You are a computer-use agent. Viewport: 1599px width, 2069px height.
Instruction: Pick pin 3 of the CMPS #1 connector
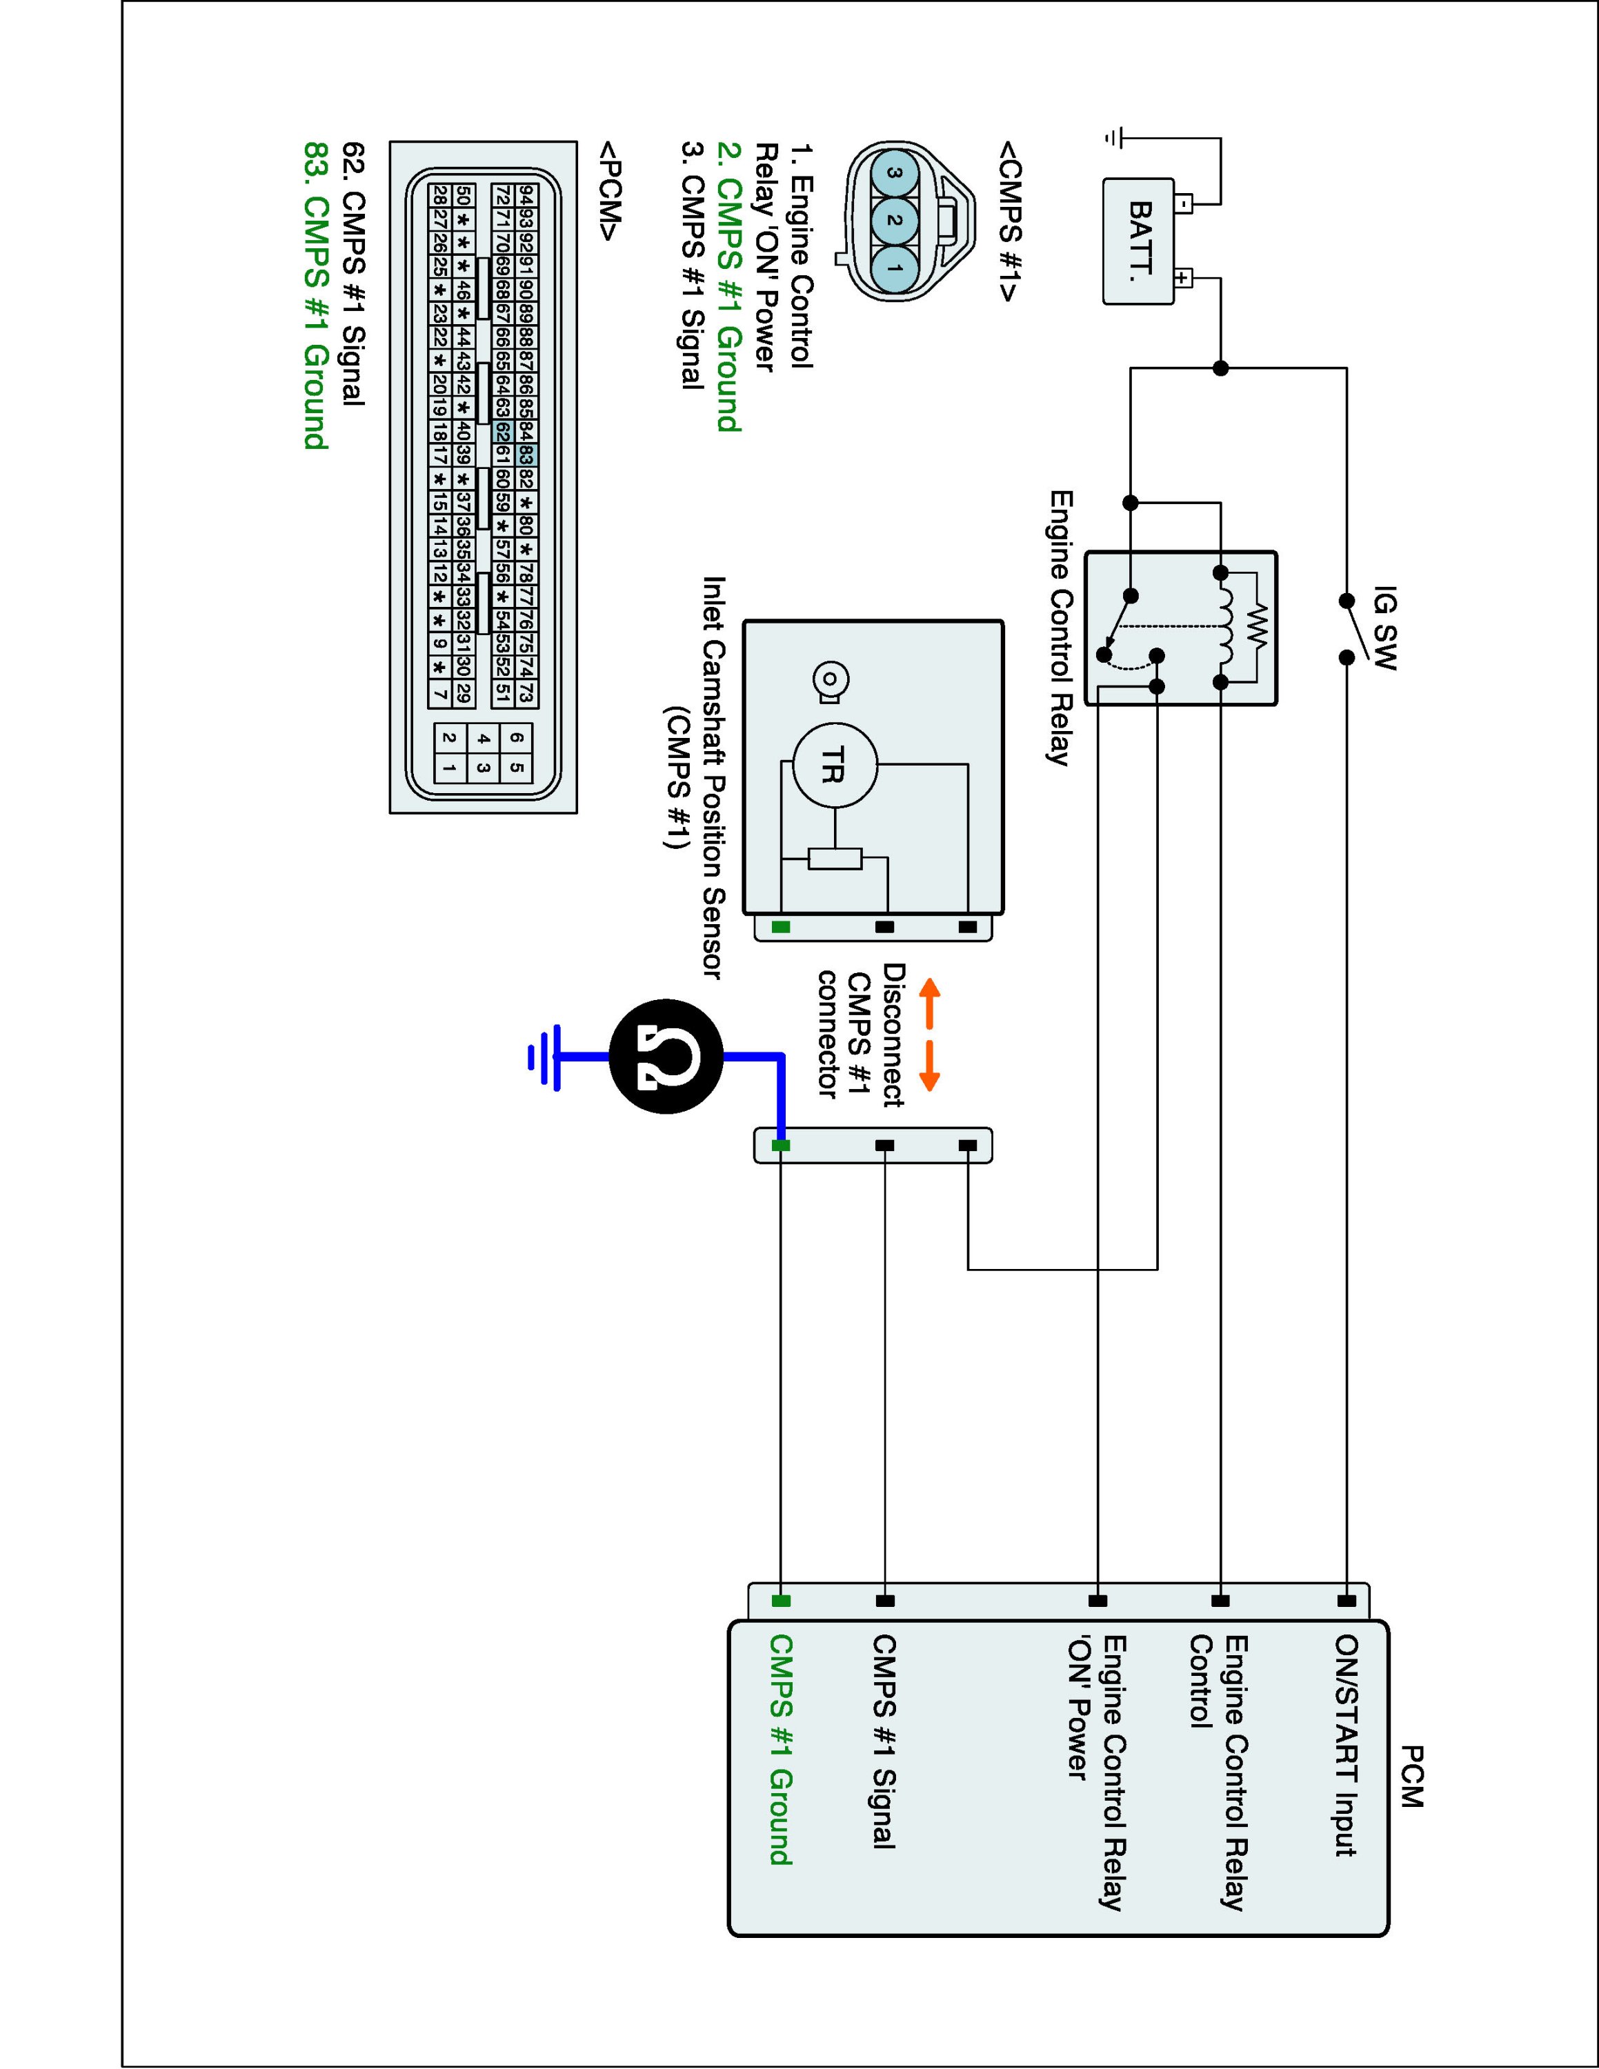click(895, 174)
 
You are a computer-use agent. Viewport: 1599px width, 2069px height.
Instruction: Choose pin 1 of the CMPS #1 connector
click(895, 268)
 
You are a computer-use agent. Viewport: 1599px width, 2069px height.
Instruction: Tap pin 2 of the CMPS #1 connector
click(895, 221)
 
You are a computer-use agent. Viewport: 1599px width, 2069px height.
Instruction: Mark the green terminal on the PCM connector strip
click(781, 1601)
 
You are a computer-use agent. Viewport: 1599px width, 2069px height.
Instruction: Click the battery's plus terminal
click(1182, 279)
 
